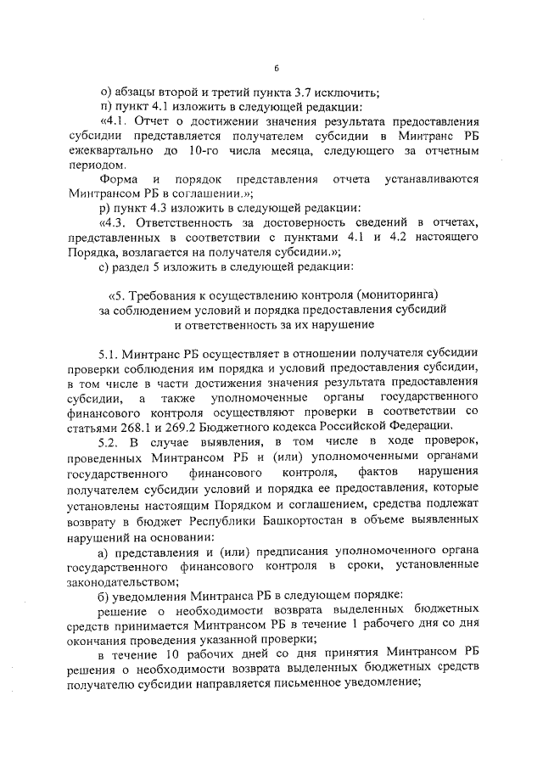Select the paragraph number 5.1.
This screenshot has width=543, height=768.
point(111,352)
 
